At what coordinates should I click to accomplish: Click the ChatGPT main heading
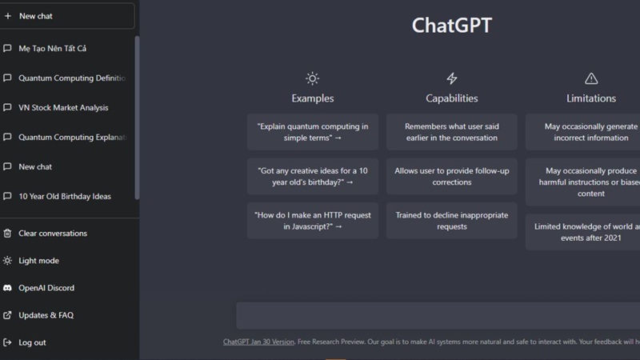point(451,26)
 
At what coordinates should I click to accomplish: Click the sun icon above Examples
point(313,78)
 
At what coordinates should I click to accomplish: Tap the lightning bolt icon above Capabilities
point(452,78)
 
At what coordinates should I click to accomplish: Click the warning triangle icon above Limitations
point(591,78)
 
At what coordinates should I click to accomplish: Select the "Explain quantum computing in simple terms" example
point(313,132)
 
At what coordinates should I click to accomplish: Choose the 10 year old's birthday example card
point(313,176)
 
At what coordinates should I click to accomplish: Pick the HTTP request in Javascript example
point(313,221)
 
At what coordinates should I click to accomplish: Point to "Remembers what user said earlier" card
point(452,132)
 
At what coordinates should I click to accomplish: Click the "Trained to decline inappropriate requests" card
point(452,221)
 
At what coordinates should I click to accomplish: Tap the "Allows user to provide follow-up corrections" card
point(452,176)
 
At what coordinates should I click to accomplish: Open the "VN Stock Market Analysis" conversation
point(63,108)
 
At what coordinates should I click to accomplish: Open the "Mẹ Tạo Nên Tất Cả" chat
point(53,49)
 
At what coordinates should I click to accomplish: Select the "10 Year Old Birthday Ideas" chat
point(65,197)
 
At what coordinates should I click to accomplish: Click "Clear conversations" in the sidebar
point(53,234)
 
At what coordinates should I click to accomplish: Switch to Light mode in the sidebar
point(38,261)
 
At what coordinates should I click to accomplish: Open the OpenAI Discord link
point(46,288)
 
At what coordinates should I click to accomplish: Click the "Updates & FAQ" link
point(46,315)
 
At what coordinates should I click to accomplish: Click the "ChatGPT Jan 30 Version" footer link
point(258,342)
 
